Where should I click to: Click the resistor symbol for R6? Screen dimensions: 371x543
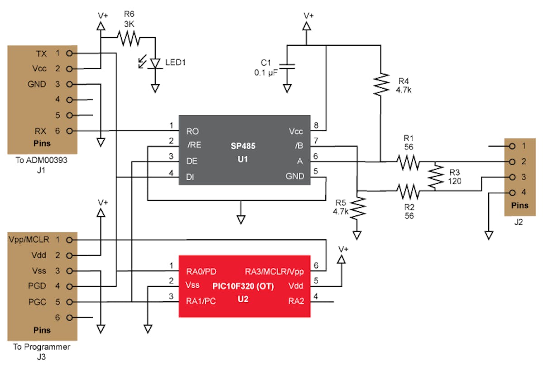[129, 38]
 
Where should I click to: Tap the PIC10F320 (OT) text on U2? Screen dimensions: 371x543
[243, 286]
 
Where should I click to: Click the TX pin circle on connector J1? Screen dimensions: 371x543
[69, 53]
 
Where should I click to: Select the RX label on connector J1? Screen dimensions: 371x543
[40, 131]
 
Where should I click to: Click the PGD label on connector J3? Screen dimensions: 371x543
[38, 286]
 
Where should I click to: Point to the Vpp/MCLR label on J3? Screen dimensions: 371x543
[29, 239]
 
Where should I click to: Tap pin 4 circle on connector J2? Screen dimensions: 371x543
[512, 193]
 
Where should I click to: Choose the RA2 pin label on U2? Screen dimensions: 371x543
[296, 301]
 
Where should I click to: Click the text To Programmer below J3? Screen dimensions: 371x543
[42, 347]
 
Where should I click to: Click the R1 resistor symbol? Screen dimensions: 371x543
[409, 162]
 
